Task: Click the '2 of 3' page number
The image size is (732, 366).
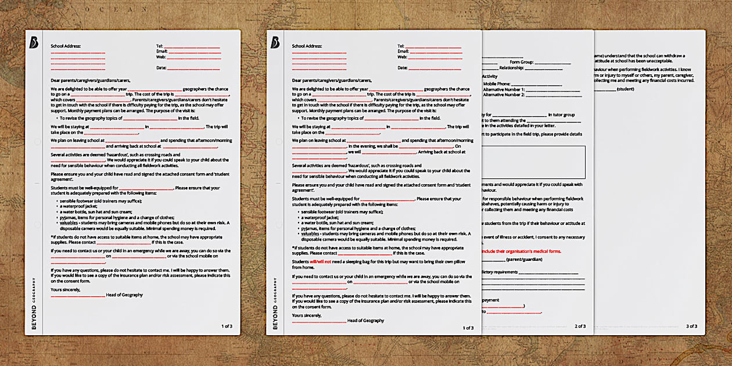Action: click(x=580, y=326)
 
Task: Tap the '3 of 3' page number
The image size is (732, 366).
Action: click(x=691, y=326)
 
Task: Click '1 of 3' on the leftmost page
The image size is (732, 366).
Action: click(x=227, y=326)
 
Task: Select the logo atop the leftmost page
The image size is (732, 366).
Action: click(x=34, y=42)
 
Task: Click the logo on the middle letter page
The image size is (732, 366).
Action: click(x=275, y=42)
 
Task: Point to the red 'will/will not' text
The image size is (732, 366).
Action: click(x=320, y=262)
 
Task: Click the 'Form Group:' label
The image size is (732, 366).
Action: click(x=521, y=62)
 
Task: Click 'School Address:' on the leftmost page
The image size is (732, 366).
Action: click(x=66, y=45)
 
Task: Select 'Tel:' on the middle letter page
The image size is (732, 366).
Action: click(x=400, y=45)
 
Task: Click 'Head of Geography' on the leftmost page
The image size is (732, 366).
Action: click(x=124, y=295)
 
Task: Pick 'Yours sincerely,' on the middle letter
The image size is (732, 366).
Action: click(x=307, y=315)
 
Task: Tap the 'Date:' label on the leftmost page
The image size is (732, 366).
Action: click(x=161, y=68)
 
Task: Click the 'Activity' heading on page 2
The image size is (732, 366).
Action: click(x=490, y=76)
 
